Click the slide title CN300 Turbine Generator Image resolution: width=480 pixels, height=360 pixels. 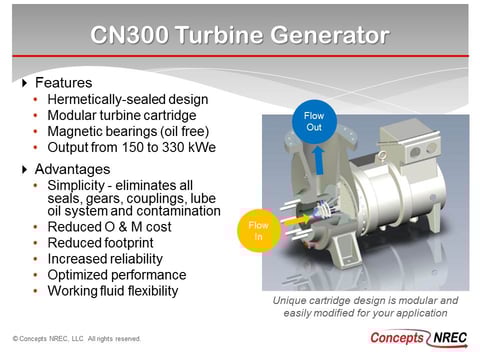tap(240, 36)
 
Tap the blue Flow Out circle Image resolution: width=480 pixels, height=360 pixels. tap(314, 122)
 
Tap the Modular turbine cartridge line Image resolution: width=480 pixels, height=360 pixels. tap(115, 116)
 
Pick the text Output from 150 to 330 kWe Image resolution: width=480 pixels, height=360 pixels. tap(124, 148)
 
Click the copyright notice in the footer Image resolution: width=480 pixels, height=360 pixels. tap(76, 339)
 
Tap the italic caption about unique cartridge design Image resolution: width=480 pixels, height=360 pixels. tap(365, 306)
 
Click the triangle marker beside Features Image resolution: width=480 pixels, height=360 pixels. tap(24, 82)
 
